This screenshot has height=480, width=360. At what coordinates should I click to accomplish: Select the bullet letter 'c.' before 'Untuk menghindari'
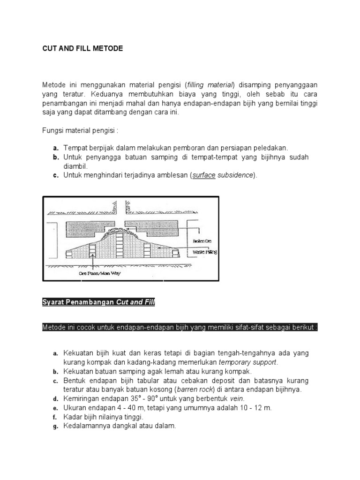(x=55, y=175)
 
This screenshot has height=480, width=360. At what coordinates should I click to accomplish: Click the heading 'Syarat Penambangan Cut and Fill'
(x=98, y=302)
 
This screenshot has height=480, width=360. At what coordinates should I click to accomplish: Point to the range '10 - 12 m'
(x=257, y=408)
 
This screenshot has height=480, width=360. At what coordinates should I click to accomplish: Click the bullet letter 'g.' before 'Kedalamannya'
(x=55, y=426)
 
